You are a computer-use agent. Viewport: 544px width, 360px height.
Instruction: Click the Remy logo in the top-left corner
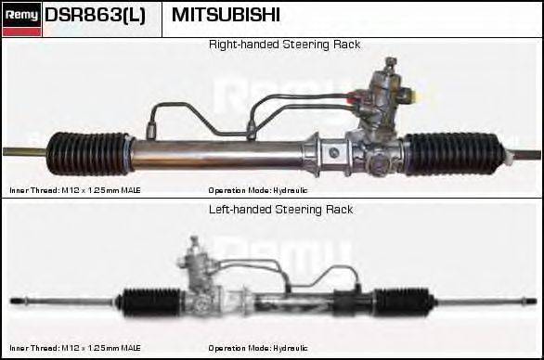[x=20, y=16]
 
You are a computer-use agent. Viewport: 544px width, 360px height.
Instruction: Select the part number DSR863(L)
[x=96, y=16]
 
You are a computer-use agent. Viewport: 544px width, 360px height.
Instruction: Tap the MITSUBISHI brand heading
[x=226, y=16]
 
